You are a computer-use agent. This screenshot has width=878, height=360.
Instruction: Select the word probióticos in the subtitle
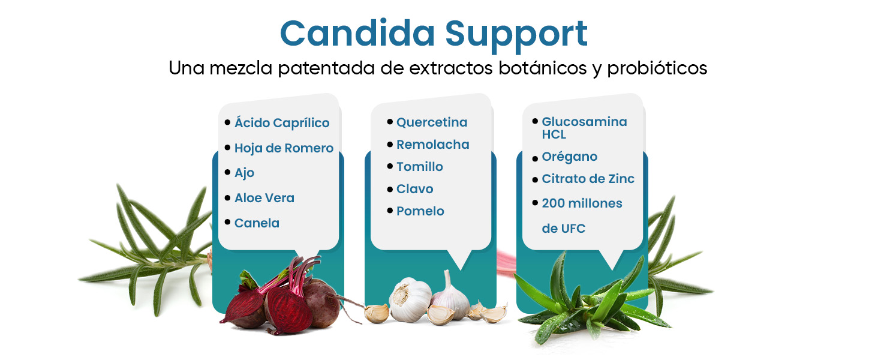point(657,68)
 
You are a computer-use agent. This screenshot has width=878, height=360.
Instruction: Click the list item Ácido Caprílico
point(282,123)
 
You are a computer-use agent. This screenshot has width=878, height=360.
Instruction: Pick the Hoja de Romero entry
point(284,148)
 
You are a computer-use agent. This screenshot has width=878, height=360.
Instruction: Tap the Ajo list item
point(244,173)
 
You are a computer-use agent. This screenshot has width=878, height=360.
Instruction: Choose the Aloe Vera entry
point(264,198)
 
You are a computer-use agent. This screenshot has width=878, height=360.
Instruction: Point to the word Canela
point(257,223)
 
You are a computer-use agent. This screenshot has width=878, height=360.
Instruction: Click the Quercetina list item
point(432,122)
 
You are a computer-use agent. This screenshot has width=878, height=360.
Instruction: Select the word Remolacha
point(432,145)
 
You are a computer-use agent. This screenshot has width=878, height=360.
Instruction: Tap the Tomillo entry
point(419,167)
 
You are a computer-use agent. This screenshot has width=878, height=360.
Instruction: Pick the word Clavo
point(414,189)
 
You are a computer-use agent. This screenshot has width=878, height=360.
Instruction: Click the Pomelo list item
point(420,211)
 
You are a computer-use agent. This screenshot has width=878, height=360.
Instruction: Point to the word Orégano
point(569,157)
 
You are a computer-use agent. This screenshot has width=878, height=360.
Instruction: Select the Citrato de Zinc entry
point(588,179)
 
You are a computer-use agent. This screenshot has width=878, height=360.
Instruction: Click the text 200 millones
point(582,203)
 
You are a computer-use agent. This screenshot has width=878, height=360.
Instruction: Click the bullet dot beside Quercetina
point(390,122)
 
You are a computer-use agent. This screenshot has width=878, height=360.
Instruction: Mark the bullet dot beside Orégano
point(535,158)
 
